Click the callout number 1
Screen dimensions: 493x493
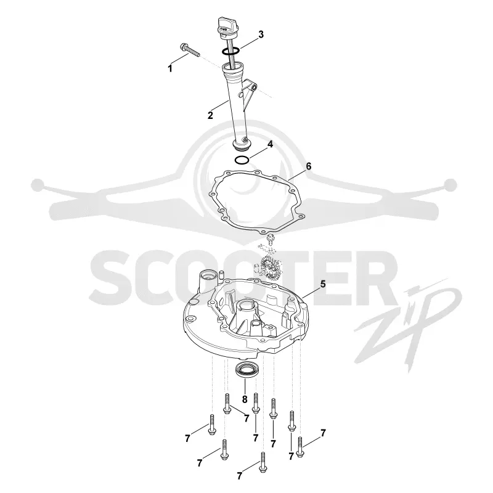pyautogui.click(x=170, y=68)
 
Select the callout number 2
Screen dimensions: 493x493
pyautogui.click(x=210, y=115)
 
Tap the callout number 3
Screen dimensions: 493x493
pyautogui.click(x=261, y=35)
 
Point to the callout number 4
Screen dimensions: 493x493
pyautogui.click(x=270, y=144)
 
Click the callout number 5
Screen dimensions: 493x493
pyautogui.click(x=323, y=284)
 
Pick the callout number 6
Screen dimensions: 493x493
pyautogui.click(x=309, y=166)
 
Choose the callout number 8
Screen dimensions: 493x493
pyautogui.click(x=245, y=399)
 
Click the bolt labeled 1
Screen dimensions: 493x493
pyautogui.click(x=190, y=51)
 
